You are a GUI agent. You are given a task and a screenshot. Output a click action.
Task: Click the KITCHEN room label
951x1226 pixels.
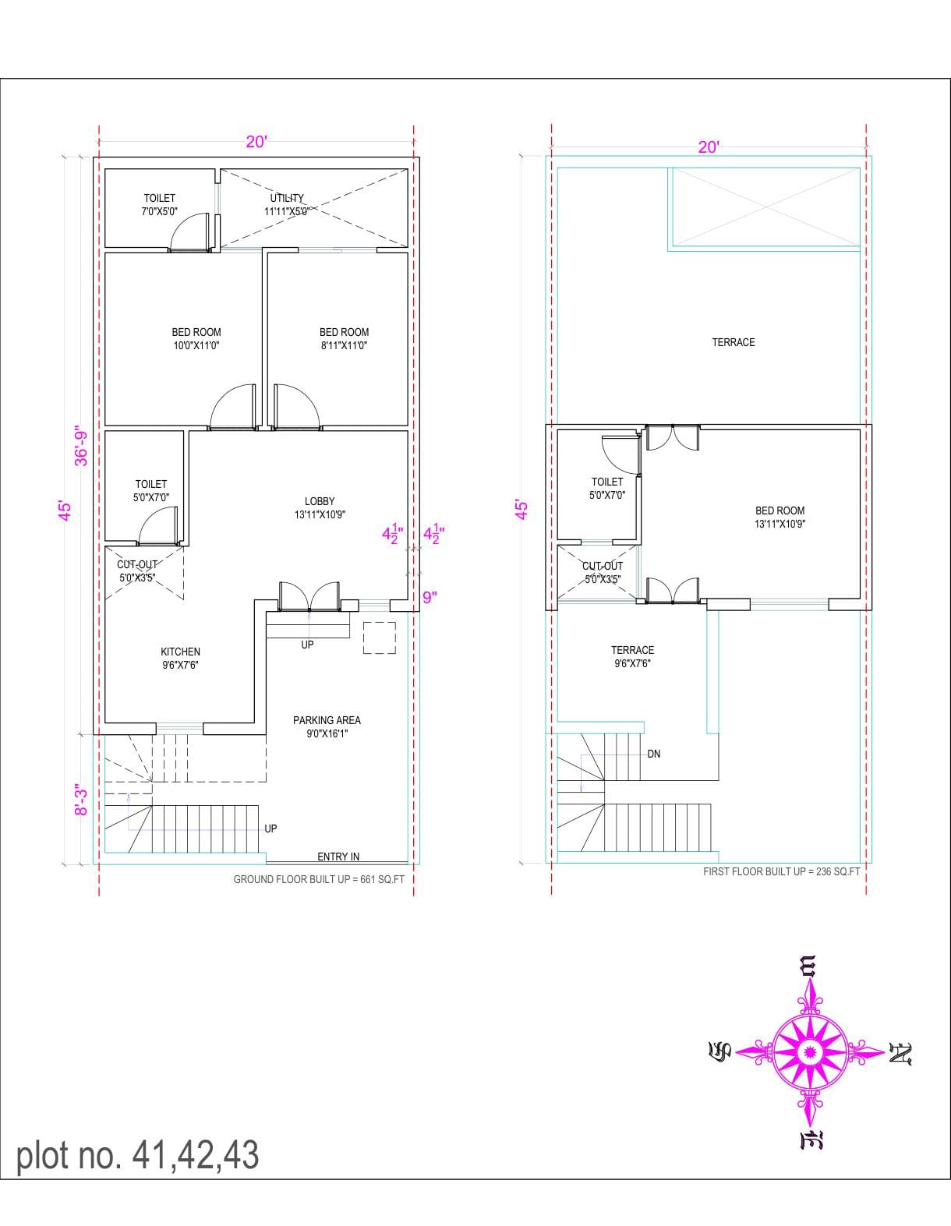[x=181, y=652]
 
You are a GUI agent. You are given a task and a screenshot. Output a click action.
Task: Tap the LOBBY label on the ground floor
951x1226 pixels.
[x=320, y=501]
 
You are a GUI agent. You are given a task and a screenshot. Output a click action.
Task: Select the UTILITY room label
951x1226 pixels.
[x=287, y=198]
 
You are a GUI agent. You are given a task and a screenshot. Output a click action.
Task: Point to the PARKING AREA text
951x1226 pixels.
[x=327, y=720]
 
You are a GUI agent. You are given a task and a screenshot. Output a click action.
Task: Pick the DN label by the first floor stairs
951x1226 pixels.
[x=654, y=754]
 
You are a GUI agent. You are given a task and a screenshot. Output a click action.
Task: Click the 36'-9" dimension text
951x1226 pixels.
[x=82, y=445]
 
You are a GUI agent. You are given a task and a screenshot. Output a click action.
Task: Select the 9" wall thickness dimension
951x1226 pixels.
[x=430, y=597]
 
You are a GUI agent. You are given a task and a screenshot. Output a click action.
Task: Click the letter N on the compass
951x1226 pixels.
[x=900, y=1053]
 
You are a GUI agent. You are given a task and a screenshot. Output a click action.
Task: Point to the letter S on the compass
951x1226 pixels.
[x=719, y=1050]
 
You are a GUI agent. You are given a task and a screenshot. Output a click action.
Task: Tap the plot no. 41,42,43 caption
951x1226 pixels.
[x=138, y=1155]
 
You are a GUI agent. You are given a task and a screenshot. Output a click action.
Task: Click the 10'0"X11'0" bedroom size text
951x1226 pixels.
[x=196, y=345]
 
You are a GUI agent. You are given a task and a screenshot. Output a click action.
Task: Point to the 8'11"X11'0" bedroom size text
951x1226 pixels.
[x=344, y=345]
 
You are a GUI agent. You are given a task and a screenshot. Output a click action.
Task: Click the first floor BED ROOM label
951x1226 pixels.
[x=780, y=510]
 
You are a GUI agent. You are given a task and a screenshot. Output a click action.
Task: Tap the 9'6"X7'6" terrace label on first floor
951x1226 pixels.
[x=633, y=663]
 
